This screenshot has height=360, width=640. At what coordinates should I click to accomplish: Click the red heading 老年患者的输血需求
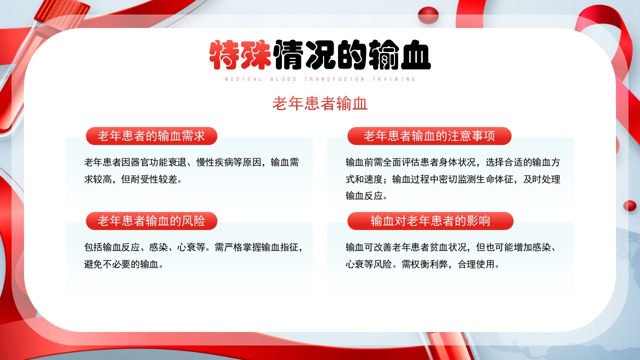tap(151, 136)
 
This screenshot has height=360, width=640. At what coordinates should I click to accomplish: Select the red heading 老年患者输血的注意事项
tap(429, 136)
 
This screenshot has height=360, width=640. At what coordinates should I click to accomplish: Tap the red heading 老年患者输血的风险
tap(151, 221)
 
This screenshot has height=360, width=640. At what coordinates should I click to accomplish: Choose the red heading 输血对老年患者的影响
tap(430, 221)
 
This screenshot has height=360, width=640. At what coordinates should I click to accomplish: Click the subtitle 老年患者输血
tap(320, 103)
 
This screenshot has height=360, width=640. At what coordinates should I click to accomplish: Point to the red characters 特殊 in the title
tap(240, 55)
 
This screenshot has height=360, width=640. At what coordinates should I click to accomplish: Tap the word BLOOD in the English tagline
tap(283, 79)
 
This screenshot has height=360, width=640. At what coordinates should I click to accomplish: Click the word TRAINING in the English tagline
tap(394, 79)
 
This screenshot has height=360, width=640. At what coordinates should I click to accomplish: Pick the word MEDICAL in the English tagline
tap(243, 79)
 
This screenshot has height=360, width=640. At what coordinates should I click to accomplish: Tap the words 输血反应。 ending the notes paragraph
tap(367, 196)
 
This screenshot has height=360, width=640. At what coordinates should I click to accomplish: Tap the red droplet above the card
tap(428, 15)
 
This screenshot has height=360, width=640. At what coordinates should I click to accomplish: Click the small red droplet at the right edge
tap(629, 205)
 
